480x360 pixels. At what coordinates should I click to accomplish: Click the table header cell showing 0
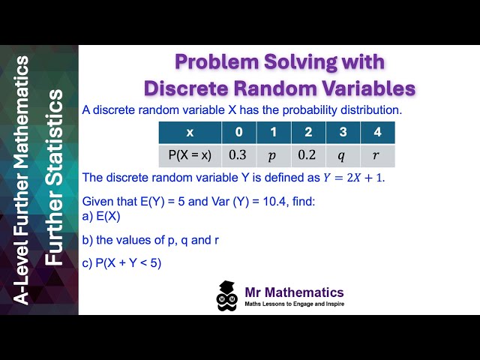pyautogui.click(x=238, y=132)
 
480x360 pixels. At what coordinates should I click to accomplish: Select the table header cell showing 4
pyautogui.click(x=377, y=132)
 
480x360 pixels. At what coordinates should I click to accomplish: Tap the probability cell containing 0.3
pyautogui.click(x=238, y=155)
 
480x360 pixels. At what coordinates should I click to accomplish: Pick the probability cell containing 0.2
pyautogui.click(x=307, y=155)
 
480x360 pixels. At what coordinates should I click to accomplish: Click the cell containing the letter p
pyautogui.click(x=273, y=155)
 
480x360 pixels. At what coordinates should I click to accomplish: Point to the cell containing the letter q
pyautogui.click(x=343, y=155)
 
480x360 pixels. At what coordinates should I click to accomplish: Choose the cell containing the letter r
pyautogui.click(x=377, y=155)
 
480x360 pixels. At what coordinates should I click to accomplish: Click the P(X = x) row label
pyautogui.click(x=190, y=155)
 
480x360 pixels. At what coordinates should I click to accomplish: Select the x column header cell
pyautogui.click(x=190, y=132)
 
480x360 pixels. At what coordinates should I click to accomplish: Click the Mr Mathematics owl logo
pyautogui.click(x=227, y=296)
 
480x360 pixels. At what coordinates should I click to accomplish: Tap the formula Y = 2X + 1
pyautogui.click(x=352, y=178)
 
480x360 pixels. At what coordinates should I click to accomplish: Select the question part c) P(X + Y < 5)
pyautogui.click(x=121, y=263)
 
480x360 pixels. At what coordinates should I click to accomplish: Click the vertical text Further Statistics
pyautogui.click(x=56, y=180)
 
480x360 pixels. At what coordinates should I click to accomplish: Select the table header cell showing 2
pyautogui.click(x=307, y=132)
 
